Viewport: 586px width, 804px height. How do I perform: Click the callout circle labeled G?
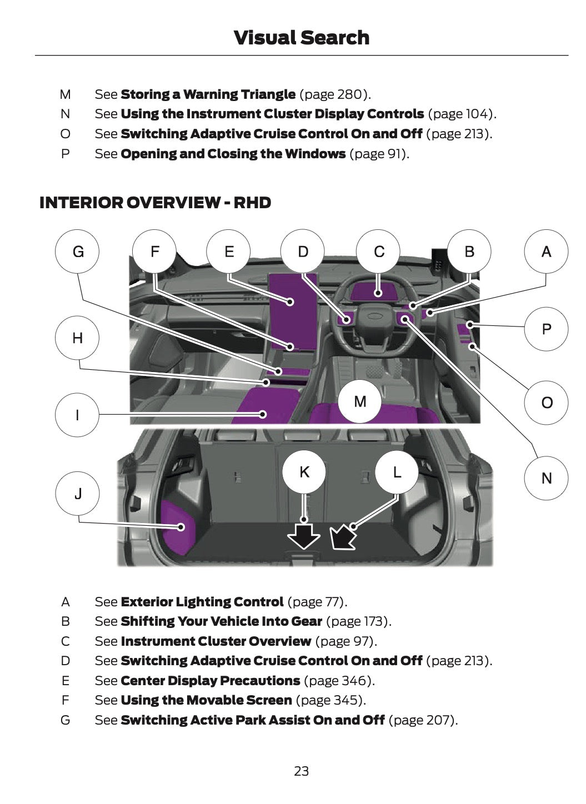pyautogui.click(x=78, y=252)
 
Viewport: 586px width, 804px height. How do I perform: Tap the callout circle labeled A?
pyautogui.click(x=546, y=252)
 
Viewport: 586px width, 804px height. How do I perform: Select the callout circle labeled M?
pyautogui.click(x=360, y=401)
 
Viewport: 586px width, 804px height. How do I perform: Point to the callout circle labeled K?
pyautogui.click(x=304, y=472)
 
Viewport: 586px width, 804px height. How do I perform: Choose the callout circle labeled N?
pyautogui.click(x=546, y=478)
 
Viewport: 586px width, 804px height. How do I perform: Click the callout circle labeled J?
pyautogui.click(x=78, y=493)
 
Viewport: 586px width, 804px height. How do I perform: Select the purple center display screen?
pyautogui.click(x=293, y=311)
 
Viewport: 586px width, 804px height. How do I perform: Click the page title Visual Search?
pyautogui.click(x=301, y=38)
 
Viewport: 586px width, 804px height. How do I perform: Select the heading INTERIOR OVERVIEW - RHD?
pyautogui.click(x=155, y=203)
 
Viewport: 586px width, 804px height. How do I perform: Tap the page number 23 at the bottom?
pyautogui.click(x=301, y=771)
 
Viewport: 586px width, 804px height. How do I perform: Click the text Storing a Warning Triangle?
pyautogui.click(x=208, y=94)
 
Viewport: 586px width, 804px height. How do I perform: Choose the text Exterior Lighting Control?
pyautogui.click(x=202, y=602)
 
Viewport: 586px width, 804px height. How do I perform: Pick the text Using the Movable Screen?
pyautogui.click(x=206, y=700)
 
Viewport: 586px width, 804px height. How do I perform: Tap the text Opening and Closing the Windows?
pyautogui.click(x=233, y=154)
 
